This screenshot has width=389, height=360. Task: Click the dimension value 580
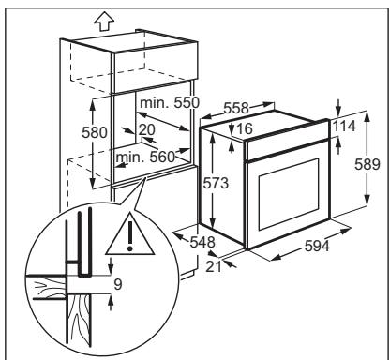[x=94, y=132]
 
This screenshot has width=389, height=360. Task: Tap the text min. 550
[x=170, y=102]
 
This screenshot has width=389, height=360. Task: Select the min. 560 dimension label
[x=145, y=157]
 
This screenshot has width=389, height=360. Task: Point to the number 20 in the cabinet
[x=146, y=129]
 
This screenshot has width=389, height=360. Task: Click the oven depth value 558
[x=236, y=108]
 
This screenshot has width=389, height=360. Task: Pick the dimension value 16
[x=245, y=128]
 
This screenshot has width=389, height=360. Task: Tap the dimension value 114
[x=344, y=127]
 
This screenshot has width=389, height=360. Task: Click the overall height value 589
[x=367, y=164]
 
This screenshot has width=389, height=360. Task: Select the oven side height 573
[x=216, y=183]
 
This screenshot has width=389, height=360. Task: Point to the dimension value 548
[x=202, y=242]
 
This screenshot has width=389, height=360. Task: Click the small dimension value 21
[x=214, y=266]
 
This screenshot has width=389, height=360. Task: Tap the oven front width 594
[x=317, y=246]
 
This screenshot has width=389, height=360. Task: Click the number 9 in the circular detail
[x=118, y=284]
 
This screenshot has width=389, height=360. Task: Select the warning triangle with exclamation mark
[x=130, y=233]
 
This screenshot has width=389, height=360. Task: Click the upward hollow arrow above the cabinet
[x=104, y=22]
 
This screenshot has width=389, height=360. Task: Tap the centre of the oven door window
[x=289, y=194]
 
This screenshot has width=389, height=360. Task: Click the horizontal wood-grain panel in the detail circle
[x=47, y=287]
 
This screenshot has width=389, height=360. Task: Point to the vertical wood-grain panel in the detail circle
[x=79, y=321]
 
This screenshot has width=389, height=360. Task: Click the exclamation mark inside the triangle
[x=130, y=236]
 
